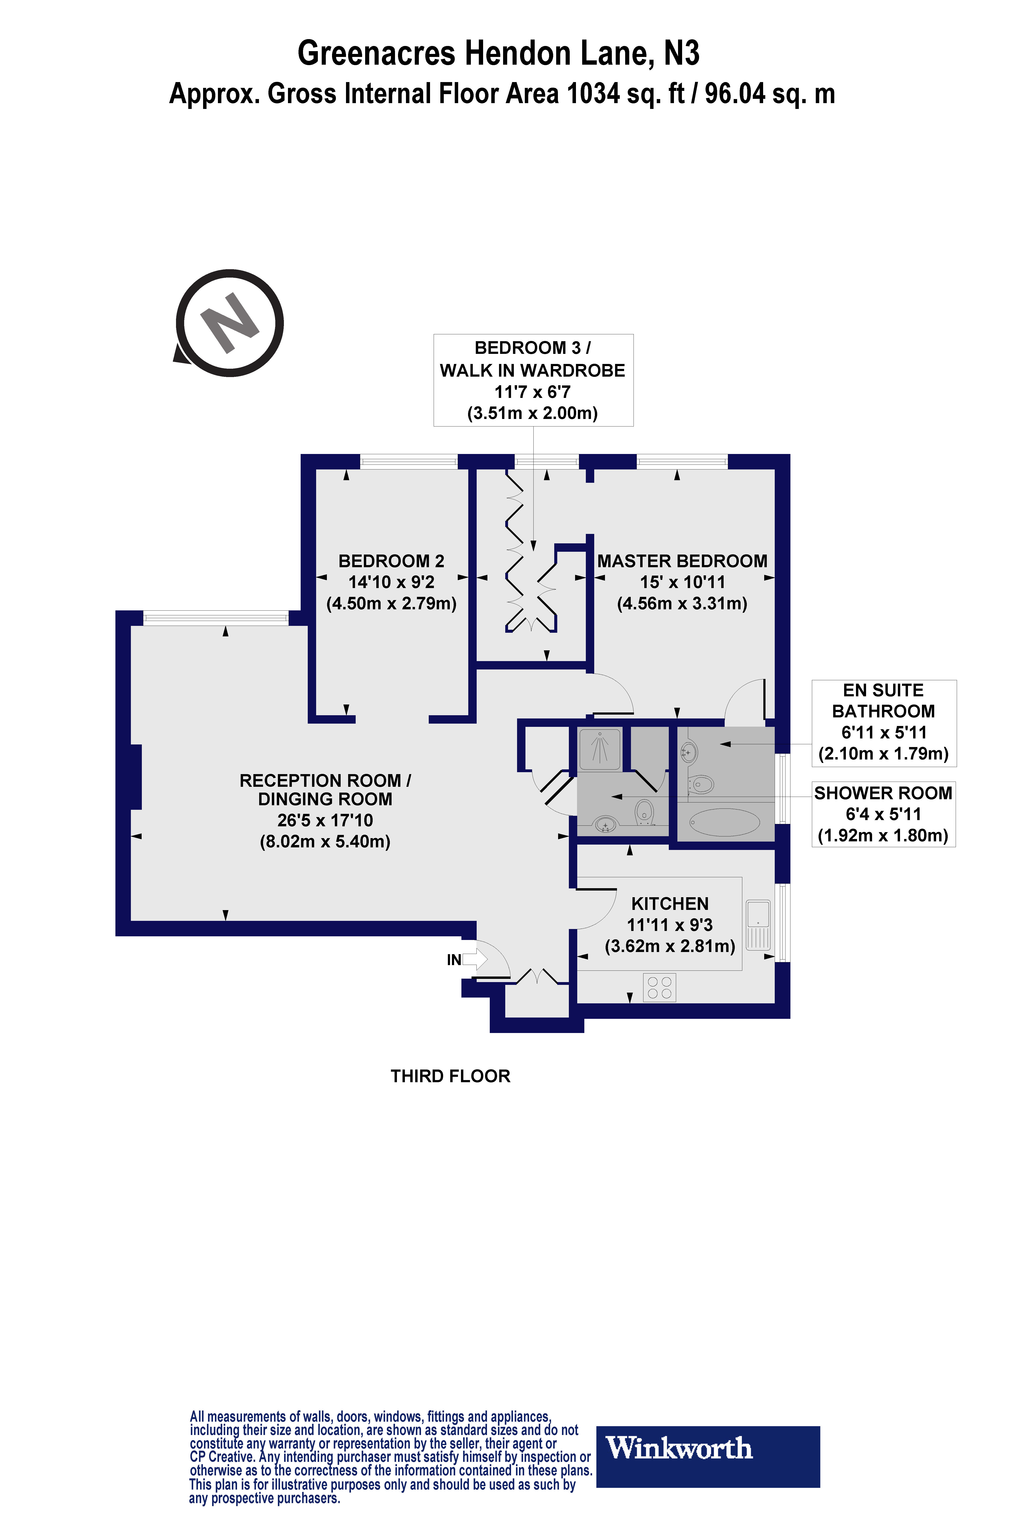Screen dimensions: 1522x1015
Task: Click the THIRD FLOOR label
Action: pos(450,1076)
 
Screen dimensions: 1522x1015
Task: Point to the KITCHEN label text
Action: pos(670,903)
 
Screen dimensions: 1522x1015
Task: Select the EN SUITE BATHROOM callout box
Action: pos(884,723)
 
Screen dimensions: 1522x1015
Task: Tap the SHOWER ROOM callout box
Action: pos(884,814)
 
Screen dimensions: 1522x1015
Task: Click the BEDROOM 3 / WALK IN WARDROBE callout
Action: pos(533,380)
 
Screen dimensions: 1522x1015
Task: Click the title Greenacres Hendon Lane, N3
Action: pos(498,53)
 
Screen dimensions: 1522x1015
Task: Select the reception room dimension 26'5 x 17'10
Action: pos(325,821)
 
